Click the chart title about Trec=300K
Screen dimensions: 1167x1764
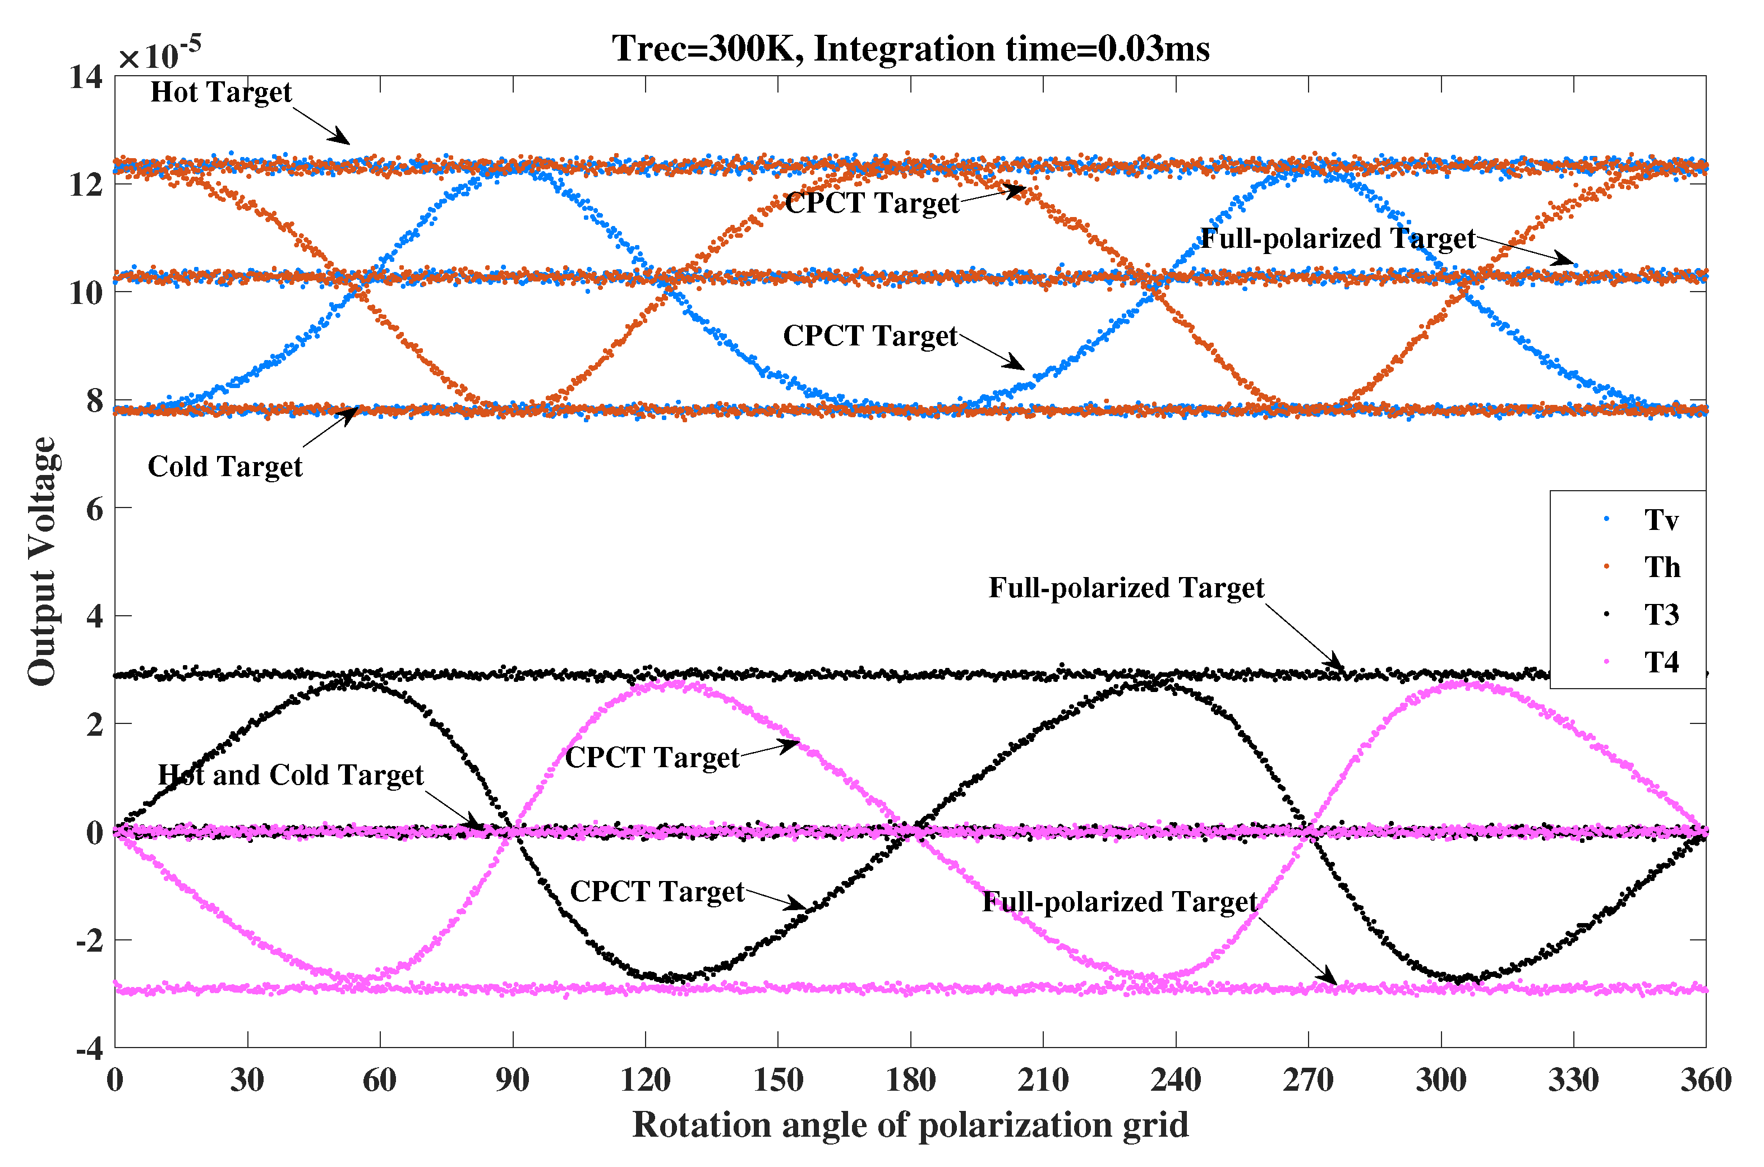910,49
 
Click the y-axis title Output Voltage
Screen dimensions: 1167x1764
43,561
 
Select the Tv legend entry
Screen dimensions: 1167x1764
1661,519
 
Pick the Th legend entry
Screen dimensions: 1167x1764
1661,567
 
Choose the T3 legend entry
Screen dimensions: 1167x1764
1661,615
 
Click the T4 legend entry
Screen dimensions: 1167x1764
1661,662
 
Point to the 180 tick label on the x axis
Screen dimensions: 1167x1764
910,1080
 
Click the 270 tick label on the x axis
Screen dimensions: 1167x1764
1308,1080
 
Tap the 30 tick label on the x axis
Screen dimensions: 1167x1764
247,1080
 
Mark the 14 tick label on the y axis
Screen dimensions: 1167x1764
86,77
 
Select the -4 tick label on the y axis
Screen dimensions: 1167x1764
89,1049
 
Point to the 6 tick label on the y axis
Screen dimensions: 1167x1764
95,509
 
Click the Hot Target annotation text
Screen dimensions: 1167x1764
220,93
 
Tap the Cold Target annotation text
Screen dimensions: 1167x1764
225,467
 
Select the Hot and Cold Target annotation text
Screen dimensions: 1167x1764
291,775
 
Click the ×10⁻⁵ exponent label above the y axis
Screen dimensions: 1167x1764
159,54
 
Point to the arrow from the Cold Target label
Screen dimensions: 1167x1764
330,427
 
